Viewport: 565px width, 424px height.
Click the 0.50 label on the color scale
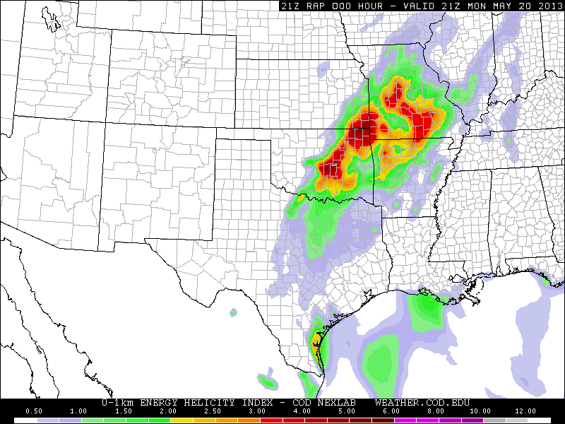pyautogui.click(x=33, y=411)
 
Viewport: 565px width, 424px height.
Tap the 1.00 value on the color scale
pyautogui.click(x=79, y=411)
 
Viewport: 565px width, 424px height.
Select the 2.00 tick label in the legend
pyautogui.click(x=168, y=411)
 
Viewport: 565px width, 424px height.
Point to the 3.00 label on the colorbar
pyautogui.click(x=257, y=411)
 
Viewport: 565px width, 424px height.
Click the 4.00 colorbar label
pyautogui.click(x=302, y=411)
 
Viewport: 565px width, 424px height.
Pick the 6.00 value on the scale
pyautogui.click(x=391, y=411)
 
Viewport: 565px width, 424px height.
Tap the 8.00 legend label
pyautogui.click(x=436, y=411)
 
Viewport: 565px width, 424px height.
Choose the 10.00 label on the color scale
pyautogui.click(x=480, y=411)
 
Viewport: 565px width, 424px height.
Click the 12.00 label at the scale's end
pyautogui.click(x=525, y=411)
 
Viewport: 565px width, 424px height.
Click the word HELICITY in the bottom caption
pyautogui.click(x=206, y=402)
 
